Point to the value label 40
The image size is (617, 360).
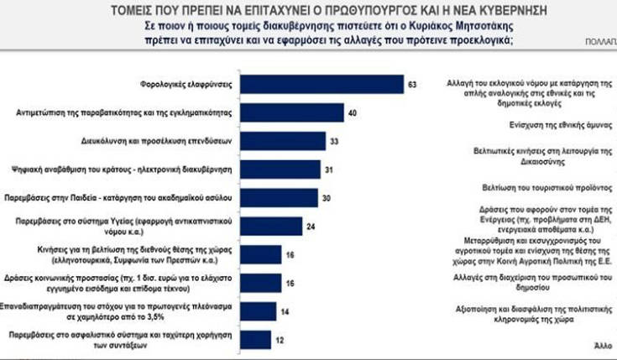pyautogui.click(x=353, y=112)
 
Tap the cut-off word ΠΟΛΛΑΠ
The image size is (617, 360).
pyautogui.click(x=599, y=40)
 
